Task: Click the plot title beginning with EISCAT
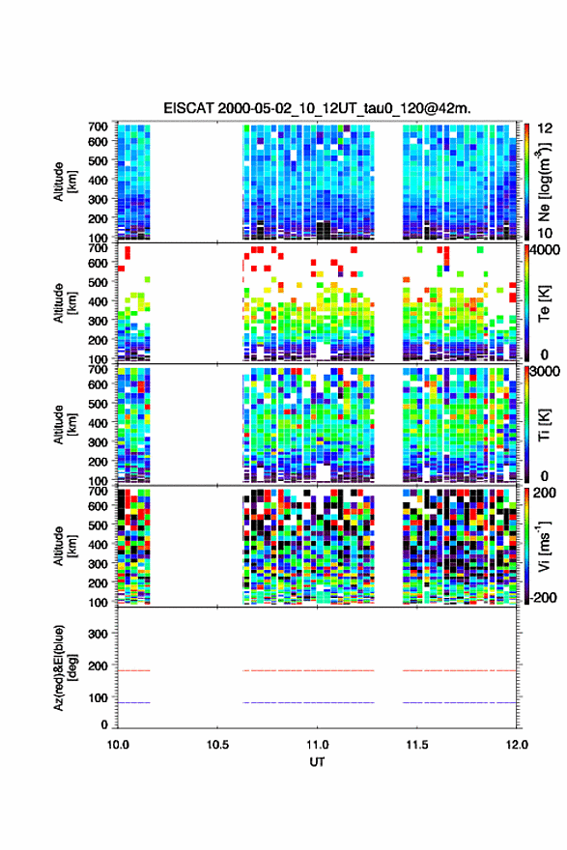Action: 317,108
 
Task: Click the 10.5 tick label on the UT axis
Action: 217,745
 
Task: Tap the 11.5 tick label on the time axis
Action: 417,745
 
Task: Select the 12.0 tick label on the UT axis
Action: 517,745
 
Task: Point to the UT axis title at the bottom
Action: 317,762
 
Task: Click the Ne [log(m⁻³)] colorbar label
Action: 544,183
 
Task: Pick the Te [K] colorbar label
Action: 544,303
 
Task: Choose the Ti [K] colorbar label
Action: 544,424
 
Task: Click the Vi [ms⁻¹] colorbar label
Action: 544,546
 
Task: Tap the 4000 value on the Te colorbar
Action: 544,250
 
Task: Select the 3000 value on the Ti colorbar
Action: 545,371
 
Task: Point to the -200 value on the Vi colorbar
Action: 542,597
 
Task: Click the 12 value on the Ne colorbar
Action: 544,128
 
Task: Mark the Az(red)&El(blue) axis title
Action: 65,667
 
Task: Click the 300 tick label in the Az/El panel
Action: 99,634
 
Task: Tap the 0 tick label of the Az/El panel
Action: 104,724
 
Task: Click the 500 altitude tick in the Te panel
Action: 99,282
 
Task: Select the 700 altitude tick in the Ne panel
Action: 99,127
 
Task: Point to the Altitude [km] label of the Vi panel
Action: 65,546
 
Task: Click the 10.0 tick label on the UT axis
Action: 118,745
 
